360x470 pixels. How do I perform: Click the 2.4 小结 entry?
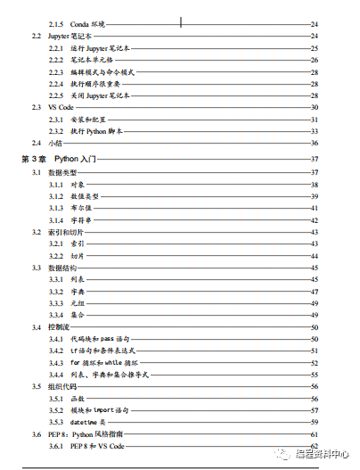47,143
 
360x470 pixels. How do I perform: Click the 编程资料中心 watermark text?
322,452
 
